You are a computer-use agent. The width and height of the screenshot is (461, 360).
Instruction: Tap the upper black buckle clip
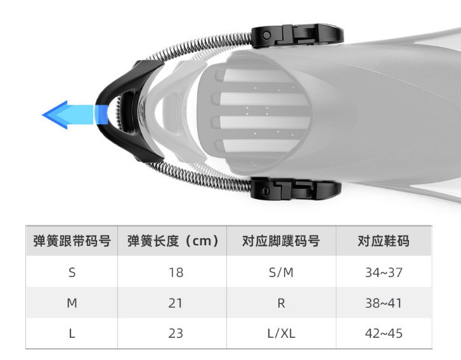(297, 34)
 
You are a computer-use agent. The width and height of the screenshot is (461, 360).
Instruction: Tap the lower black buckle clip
(295, 189)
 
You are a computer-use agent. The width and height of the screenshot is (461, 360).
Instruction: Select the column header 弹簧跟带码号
(72, 241)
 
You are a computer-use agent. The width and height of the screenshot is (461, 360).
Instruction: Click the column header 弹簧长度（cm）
(173, 241)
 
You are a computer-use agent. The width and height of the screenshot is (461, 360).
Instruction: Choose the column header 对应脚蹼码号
(281, 241)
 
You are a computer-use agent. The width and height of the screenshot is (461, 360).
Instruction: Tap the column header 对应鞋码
(384, 241)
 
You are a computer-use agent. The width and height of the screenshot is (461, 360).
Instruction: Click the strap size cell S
(72, 273)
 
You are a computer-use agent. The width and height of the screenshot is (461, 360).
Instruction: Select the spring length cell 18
(176, 273)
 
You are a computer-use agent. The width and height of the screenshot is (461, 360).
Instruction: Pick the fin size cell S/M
(281, 273)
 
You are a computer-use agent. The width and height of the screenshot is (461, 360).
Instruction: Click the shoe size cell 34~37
(384, 273)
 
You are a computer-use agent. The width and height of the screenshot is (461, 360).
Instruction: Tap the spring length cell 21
(176, 303)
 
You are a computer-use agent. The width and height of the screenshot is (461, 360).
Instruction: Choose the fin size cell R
(281, 303)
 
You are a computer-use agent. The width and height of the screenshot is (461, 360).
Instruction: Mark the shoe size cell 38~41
(384, 303)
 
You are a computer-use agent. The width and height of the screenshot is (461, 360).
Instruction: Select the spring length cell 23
(176, 333)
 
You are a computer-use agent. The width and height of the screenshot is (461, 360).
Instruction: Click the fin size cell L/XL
(281, 333)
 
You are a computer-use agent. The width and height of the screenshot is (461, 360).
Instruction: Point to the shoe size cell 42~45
(384, 333)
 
